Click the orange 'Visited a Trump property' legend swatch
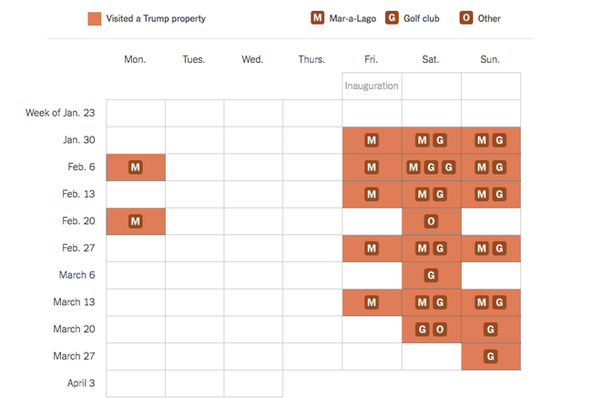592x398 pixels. (95, 18)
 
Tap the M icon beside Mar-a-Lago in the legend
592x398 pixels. (317, 18)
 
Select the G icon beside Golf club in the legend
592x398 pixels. (392, 18)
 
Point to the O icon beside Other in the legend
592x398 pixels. (464, 18)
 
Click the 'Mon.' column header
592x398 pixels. (135, 59)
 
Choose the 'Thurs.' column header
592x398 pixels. (311, 59)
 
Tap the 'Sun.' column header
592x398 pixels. (490, 59)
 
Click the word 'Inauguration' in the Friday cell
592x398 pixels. (372, 87)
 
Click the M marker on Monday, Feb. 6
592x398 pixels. (136, 168)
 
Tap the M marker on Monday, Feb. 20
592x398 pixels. (136, 221)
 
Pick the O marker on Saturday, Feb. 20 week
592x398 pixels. (431, 221)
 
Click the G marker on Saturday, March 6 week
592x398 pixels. (431, 275)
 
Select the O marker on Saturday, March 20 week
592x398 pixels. (439, 329)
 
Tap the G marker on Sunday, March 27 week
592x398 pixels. (491, 356)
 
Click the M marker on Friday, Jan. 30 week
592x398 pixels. (372, 140)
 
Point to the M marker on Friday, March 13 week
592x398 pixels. (372, 302)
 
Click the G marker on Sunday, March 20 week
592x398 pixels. (491, 329)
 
